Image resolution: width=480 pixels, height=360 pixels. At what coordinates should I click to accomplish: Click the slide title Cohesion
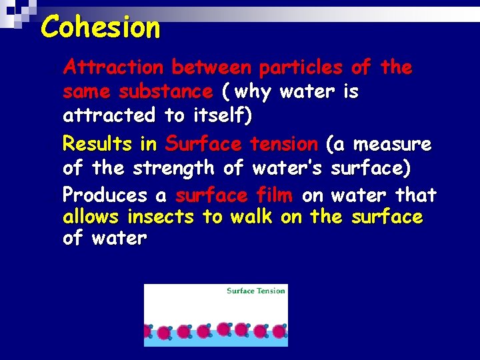pyautogui.click(x=101, y=28)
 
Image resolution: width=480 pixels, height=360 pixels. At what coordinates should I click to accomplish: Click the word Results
pyautogui.click(x=96, y=144)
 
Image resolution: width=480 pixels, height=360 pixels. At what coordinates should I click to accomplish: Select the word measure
pyautogui.click(x=393, y=144)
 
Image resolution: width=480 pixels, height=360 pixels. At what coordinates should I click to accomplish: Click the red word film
pyautogui.click(x=274, y=195)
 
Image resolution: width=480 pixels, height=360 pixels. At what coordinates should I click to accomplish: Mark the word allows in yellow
pyautogui.click(x=91, y=217)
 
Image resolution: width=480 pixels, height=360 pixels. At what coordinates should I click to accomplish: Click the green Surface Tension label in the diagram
pyautogui.click(x=256, y=291)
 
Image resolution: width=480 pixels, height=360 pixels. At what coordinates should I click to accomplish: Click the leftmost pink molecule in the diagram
pyautogui.click(x=147, y=331)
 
